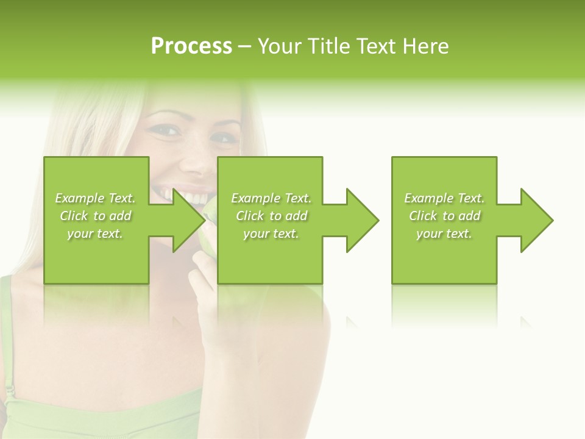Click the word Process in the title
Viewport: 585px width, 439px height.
click(x=191, y=46)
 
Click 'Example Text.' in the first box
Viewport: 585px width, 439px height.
click(x=95, y=198)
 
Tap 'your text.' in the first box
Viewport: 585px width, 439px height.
click(x=95, y=234)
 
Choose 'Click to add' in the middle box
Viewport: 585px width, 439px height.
click(x=271, y=216)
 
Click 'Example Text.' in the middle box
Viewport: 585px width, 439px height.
click(x=271, y=198)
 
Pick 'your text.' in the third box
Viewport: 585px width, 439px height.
click(x=444, y=234)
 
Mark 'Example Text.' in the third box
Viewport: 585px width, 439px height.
click(x=444, y=198)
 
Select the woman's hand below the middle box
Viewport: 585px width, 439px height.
click(x=207, y=287)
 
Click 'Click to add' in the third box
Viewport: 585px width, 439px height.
click(x=444, y=216)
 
